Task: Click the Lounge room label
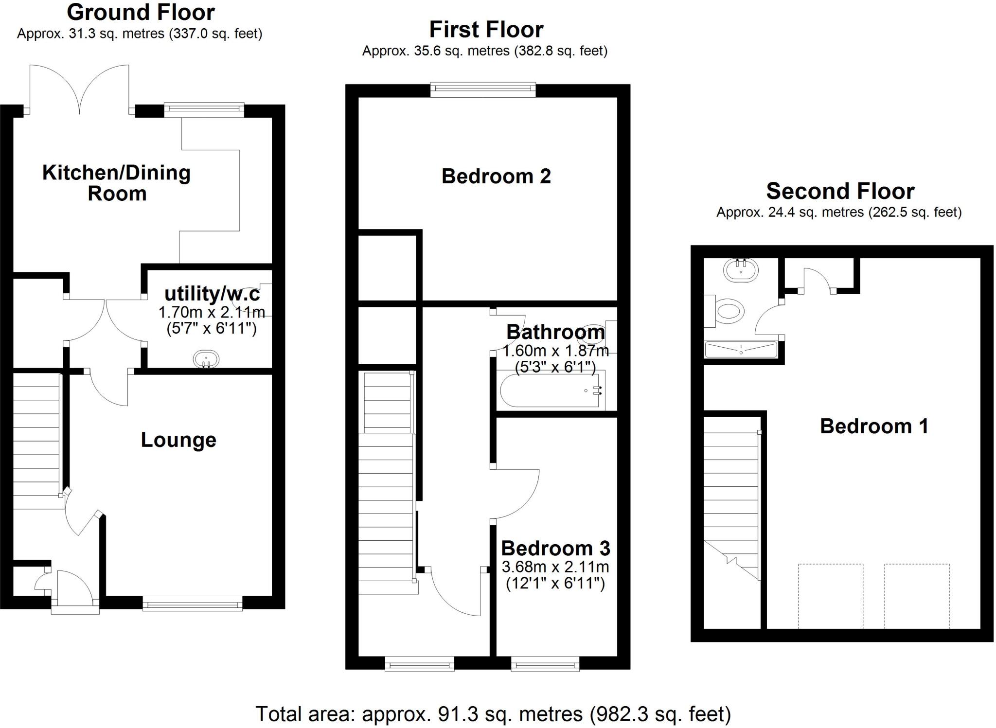point(178,440)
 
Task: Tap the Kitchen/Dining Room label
point(116,183)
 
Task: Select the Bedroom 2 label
point(496,176)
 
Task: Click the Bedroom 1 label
point(874,426)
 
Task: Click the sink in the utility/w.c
point(206,360)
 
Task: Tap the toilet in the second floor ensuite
point(728,311)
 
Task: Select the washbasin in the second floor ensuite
point(741,270)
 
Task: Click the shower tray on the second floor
point(741,349)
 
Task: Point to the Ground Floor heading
point(141,12)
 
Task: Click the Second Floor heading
point(840,191)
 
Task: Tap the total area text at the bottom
point(493,714)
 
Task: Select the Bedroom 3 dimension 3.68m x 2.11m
point(555,567)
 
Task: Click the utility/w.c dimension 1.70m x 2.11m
point(212,312)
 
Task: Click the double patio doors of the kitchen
point(79,90)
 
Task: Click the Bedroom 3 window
point(545,663)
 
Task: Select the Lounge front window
point(193,604)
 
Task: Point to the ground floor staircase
point(36,440)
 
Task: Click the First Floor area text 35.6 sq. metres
point(484,51)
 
